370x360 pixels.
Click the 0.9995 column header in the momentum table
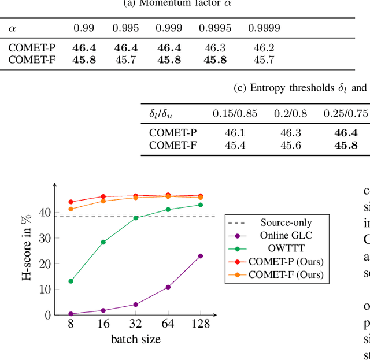[213, 28]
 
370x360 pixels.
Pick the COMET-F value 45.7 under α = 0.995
[125, 59]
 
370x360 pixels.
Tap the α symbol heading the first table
[12, 28]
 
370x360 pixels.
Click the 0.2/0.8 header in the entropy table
[291, 114]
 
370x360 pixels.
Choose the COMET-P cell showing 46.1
[235, 133]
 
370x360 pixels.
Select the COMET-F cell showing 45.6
[291, 144]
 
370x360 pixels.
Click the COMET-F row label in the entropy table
[173, 144]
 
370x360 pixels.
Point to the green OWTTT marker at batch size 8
[71, 281]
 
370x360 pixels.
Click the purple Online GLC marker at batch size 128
[201, 255]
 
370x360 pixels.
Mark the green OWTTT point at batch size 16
[103, 242]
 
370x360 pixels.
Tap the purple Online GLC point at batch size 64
[168, 287]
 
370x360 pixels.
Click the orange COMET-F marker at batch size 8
[71, 209]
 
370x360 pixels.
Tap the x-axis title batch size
[135, 339]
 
